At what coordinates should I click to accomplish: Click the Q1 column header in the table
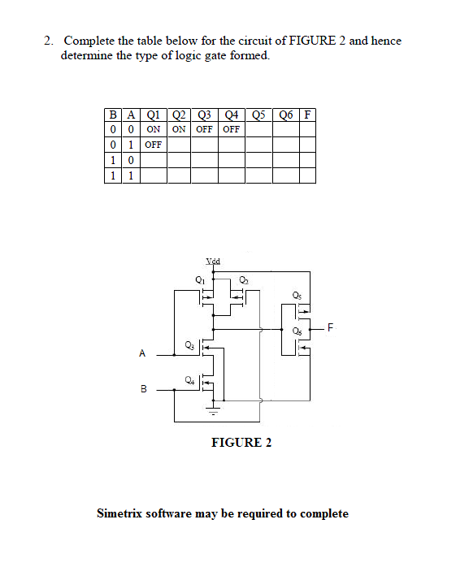[x=153, y=114]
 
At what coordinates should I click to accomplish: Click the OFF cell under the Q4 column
[x=232, y=129]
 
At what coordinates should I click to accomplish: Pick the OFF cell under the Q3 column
[x=205, y=129]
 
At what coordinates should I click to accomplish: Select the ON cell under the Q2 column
[x=179, y=129]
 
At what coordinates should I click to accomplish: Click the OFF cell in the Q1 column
[x=153, y=145]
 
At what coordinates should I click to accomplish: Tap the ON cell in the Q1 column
[x=153, y=129]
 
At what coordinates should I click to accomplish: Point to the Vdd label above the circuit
[x=214, y=262]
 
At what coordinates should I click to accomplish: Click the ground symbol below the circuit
[x=214, y=411]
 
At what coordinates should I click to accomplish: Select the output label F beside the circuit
[x=331, y=328]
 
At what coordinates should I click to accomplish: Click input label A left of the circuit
[x=142, y=353]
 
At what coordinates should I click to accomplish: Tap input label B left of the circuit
[x=142, y=390]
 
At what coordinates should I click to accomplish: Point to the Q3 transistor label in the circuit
[x=190, y=344]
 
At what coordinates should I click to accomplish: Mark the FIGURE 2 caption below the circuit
[x=241, y=443]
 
